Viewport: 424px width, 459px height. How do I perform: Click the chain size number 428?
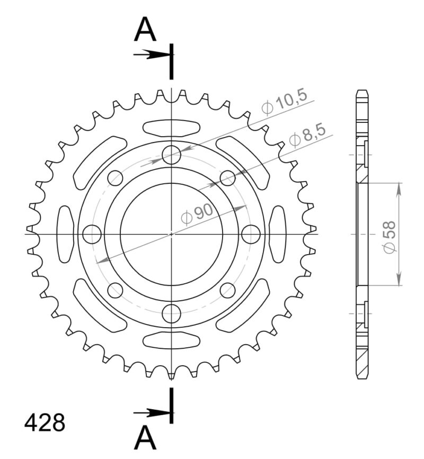pyautogui.click(x=45, y=424)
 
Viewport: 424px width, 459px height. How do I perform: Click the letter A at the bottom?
pyautogui.click(x=145, y=438)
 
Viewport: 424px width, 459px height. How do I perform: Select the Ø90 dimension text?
pyautogui.click(x=197, y=214)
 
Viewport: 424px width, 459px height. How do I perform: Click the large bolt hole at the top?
pyautogui.click(x=171, y=155)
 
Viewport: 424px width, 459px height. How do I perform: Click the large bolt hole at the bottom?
pyautogui.click(x=171, y=313)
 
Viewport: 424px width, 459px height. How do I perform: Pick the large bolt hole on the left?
pyautogui.click(x=92, y=233)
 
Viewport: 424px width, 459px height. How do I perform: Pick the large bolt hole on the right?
pyautogui.click(x=251, y=233)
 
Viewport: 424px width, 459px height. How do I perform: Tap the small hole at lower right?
pyautogui.click(x=227, y=290)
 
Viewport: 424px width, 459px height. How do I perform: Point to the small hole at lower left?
pyautogui.click(x=115, y=290)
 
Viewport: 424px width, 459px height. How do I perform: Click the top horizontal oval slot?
pyautogui.click(x=171, y=128)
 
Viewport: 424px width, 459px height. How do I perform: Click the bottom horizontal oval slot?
pyautogui.click(x=171, y=340)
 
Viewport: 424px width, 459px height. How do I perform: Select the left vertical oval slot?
pyautogui.click(x=65, y=234)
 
